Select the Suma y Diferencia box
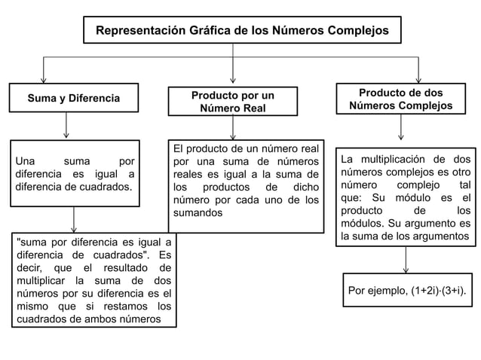[x=73, y=99]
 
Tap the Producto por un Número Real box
[x=232, y=102]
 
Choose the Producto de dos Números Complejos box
[x=400, y=99]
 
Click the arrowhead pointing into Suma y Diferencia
[x=44, y=78]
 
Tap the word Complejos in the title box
[x=355, y=31]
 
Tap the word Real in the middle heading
[x=252, y=108]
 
